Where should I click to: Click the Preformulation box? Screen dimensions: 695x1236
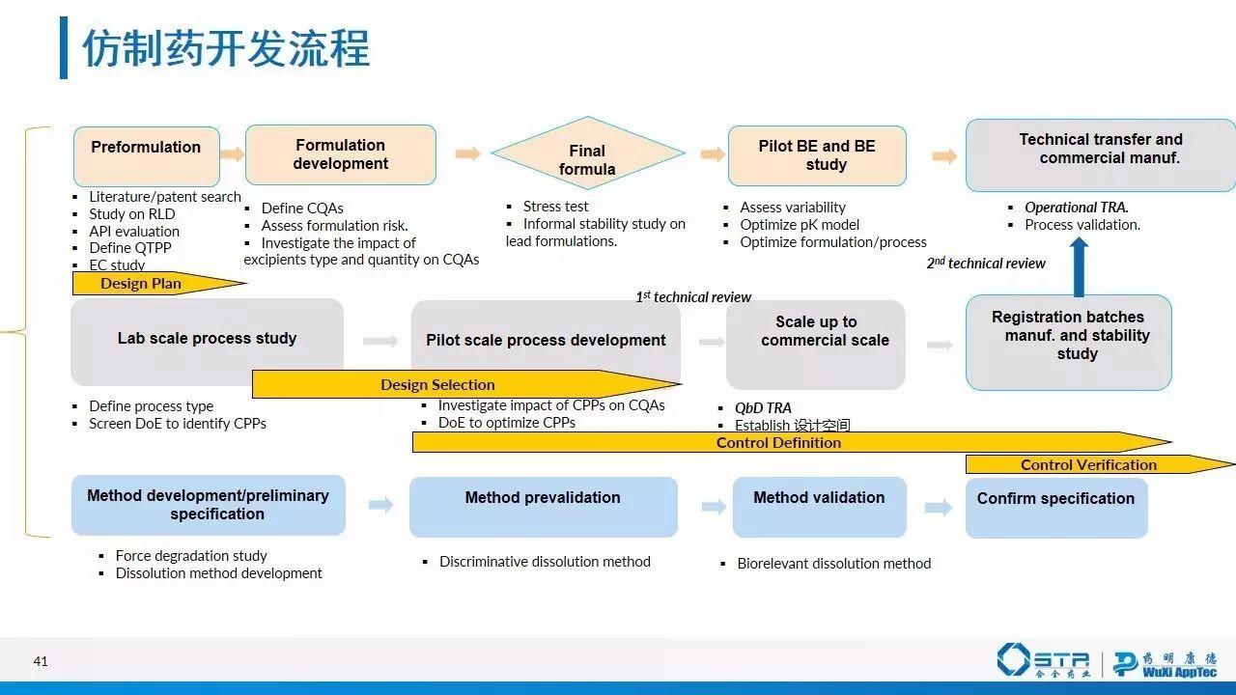pos(146,155)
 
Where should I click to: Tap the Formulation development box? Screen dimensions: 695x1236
pos(340,154)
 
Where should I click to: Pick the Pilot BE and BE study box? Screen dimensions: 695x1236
pos(817,155)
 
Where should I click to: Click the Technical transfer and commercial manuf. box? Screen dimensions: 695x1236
pos(1100,154)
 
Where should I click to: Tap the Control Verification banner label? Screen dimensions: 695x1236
pos(1088,464)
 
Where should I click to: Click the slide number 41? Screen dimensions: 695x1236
pos(41,662)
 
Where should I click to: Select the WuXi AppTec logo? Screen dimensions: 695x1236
pos(1165,663)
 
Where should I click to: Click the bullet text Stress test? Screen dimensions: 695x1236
pos(555,207)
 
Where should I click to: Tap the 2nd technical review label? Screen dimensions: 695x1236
pos(986,264)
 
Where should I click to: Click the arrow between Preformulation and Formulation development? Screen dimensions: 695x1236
pos(232,153)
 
